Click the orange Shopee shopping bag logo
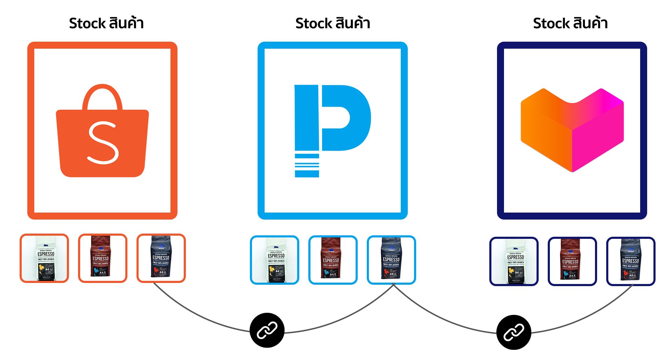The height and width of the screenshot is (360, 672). [102, 140]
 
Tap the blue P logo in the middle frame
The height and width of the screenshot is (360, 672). [332, 119]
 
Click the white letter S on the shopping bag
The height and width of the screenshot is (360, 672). [103, 143]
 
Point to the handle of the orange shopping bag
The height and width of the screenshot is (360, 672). [102, 93]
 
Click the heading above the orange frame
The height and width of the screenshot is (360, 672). [106, 23]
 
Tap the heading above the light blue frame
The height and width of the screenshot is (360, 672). [332, 23]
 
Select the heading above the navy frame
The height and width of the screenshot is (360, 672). [570, 23]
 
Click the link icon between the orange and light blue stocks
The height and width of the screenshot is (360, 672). [267, 330]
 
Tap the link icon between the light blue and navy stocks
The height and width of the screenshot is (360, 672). [513, 332]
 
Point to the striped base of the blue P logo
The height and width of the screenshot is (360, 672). [307, 165]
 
